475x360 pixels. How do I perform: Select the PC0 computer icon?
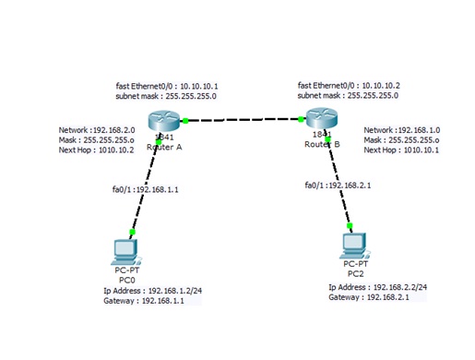pyautogui.click(x=125, y=249)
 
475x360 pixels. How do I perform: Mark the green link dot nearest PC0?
pyautogui.click(x=134, y=234)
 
